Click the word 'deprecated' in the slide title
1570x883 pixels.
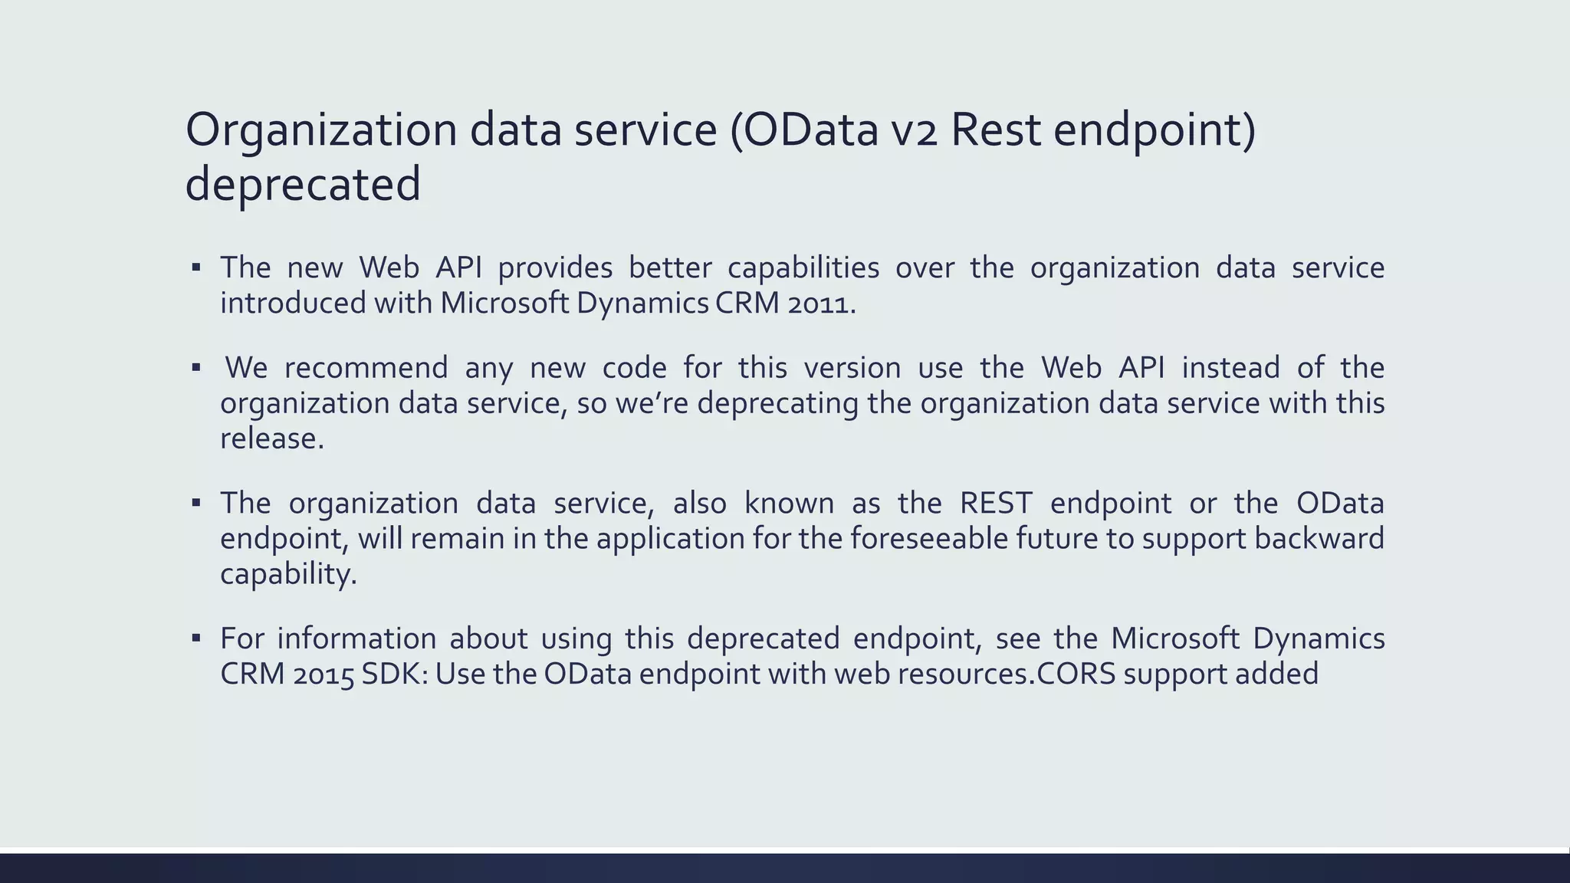pyautogui.click(x=303, y=185)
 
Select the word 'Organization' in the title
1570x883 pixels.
pyautogui.click(x=321, y=130)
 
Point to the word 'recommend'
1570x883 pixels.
pyautogui.click(x=366, y=368)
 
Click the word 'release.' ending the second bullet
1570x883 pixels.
pyautogui.click(x=272, y=438)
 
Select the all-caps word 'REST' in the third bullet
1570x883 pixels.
pyautogui.click(x=996, y=504)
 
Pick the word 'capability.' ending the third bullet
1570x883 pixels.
pyautogui.click(x=288, y=574)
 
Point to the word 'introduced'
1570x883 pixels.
pyautogui.click(x=293, y=304)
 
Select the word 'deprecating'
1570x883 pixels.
pyautogui.click(x=777, y=403)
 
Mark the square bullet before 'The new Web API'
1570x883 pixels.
pyautogui.click(x=196, y=268)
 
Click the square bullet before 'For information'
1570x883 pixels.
pyautogui.click(x=196, y=638)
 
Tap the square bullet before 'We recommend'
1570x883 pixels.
pyautogui.click(x=196, y=367)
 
